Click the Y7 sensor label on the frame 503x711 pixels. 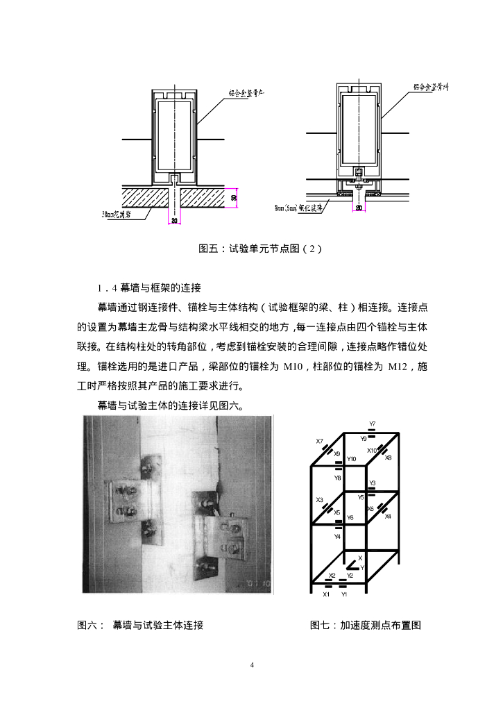(373, 424)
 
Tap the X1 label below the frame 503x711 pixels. (327, 594)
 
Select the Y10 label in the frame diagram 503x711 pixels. (352, 459)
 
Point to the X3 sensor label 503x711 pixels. (320, 500)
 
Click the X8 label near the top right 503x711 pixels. (389, 458)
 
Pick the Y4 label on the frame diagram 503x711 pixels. (337, 536)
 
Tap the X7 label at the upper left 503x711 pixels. (320, 441)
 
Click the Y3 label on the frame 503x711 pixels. (373, 483)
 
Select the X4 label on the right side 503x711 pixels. (388, 517)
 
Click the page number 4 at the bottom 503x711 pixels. (252, 666)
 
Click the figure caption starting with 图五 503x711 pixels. (251, 249)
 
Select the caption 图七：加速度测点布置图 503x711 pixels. (366, 625)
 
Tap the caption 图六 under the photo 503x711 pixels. (141, 625)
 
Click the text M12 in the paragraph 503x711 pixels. (400, 365)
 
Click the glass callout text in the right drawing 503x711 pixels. (300, 208)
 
